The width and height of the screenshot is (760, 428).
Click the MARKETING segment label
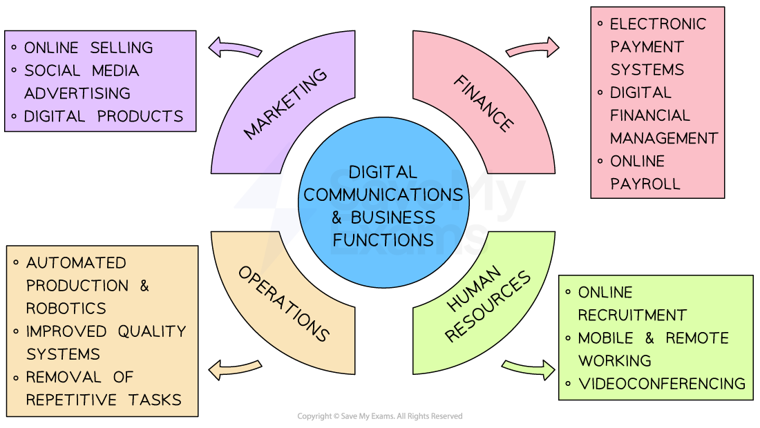(x=285, y=104)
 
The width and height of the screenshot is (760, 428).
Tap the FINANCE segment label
(x=484, y=104)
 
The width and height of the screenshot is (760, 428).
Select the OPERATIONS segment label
(x=284, y=304)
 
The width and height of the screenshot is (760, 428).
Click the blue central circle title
(x=383, y=206)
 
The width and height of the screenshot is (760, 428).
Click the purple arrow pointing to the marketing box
(x=235, y=48)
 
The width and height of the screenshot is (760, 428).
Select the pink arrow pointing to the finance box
(x=533, y=48)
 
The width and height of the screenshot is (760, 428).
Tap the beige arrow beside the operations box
(x=235, y=369)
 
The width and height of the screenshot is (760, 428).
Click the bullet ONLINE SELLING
(x=88, y=48)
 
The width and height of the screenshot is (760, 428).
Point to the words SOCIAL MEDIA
(x=82, y=70)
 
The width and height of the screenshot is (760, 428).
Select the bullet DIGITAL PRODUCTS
(x=104, y=116)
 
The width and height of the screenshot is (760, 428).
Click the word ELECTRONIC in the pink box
(x=658, y=24)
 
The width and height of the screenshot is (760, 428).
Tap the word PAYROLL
(x=645, y=184)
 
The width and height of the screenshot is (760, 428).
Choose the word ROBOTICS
(x=66, y=308)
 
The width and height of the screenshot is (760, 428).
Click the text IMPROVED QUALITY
(x=106, y=331)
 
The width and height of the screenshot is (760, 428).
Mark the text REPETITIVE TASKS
(x=104, y=400)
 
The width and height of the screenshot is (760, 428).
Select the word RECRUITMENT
(x=632, y=315)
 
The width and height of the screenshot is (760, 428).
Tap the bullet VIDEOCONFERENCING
(x=662, y=383)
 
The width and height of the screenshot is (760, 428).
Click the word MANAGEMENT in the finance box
(x=664, y=138)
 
